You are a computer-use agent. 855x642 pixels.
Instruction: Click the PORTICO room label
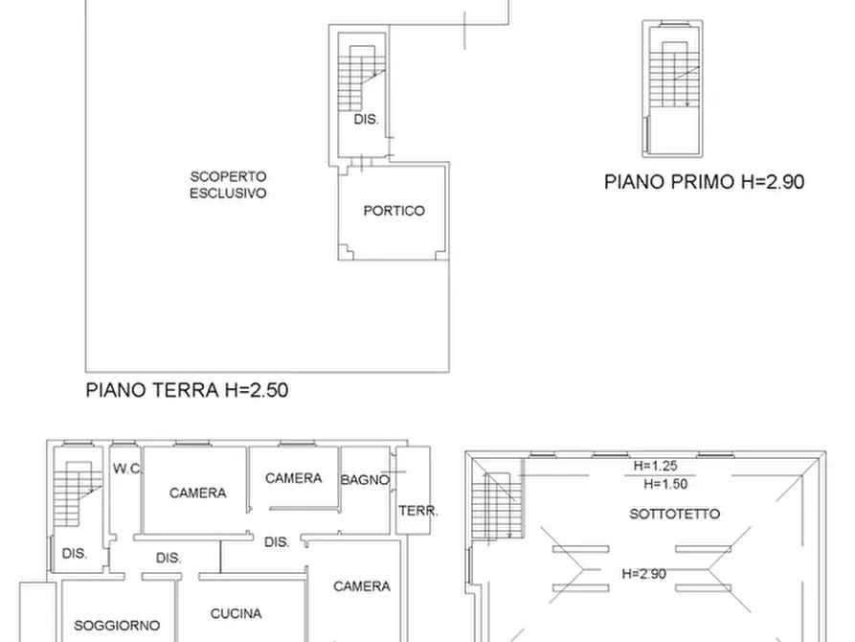pyautogui.click(x=394, y=211)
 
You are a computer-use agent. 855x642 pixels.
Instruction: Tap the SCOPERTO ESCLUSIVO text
pyautogui.click(x=227, y=184)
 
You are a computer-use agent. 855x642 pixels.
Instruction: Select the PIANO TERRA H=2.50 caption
pyautogui.click(x=187, y=390)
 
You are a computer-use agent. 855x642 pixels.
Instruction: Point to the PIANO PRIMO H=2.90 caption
pyautogui.click(x=704, y=182)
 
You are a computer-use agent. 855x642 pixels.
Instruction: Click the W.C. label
pyautogui.click(x=127, y=470)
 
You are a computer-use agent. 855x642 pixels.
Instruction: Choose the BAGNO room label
pyautogui.click(x=366, y=480)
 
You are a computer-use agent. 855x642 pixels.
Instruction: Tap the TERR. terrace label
pyautogui.click(x=417, y=512)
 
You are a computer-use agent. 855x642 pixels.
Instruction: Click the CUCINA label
pyautogui.click(x=236, y=614)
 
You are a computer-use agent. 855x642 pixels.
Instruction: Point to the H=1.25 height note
pyautogui.click(x=655, y=467)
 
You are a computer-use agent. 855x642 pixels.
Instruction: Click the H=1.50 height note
pyautogui.click(x=665, y=484)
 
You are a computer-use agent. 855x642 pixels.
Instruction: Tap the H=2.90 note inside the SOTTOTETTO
pyautogui.click(x=643, y=574)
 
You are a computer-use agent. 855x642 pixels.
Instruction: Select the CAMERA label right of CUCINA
pyautogui.click(x=362, y=586)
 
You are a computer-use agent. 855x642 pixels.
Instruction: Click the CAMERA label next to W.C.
pyautogui.click(x=197, y=493)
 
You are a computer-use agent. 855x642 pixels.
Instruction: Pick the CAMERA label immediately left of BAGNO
pyautogui.click(x=293, y=478)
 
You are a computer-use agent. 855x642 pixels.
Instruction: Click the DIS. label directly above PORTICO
pyautogui.click(x=366, y=120)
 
